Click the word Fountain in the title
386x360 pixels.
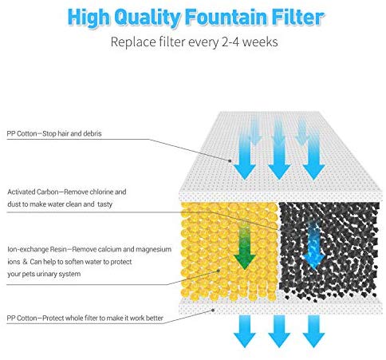pos(226,17)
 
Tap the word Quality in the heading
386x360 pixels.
pos(148,18)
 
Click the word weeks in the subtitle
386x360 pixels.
pos(261,42)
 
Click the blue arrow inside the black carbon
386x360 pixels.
pos(313,245)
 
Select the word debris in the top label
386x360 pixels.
pos(93,133)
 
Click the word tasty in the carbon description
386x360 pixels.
pos(104,204)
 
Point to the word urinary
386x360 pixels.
pos(46,274)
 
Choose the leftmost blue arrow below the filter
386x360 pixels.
pos(245,331)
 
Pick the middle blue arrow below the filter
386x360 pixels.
pos(279,331)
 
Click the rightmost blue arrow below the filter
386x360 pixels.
pos(313,331)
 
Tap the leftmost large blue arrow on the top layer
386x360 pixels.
pos(245,157)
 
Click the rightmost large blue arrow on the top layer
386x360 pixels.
pos(313,157)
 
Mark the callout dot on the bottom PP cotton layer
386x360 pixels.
pos(213,310)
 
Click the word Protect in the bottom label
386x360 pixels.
pos(53,318)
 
